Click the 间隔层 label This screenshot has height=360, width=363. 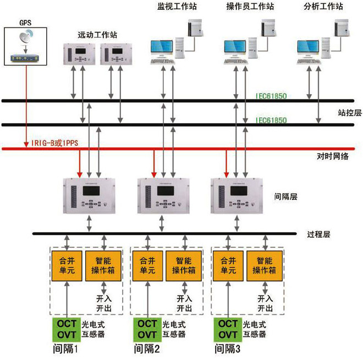(286, 195)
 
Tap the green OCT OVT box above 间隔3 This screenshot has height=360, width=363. (226, 329)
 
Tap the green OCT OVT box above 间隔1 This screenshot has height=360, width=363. (67, 329)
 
